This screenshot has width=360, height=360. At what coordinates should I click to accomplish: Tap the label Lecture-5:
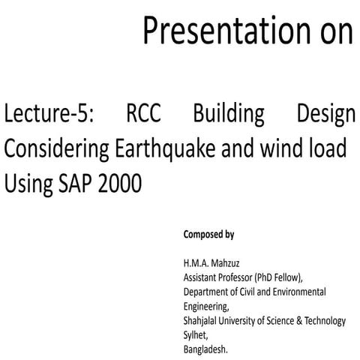tap(42, 115)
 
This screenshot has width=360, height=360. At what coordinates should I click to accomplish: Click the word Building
tap(228, 115)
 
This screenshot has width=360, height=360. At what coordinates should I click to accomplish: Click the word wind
tap(274, 148)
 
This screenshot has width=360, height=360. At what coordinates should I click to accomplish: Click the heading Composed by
tap(208, 235)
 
